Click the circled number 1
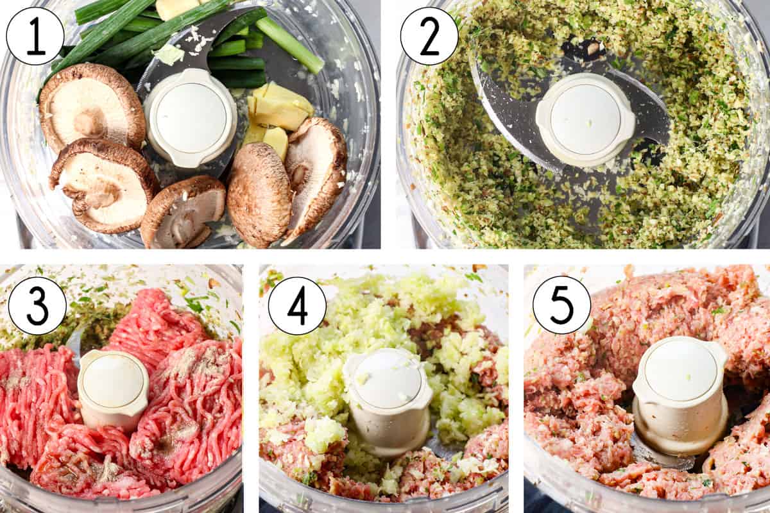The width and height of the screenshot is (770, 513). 35,36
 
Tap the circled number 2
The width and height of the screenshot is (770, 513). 429,36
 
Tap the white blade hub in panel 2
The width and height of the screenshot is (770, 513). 585,119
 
